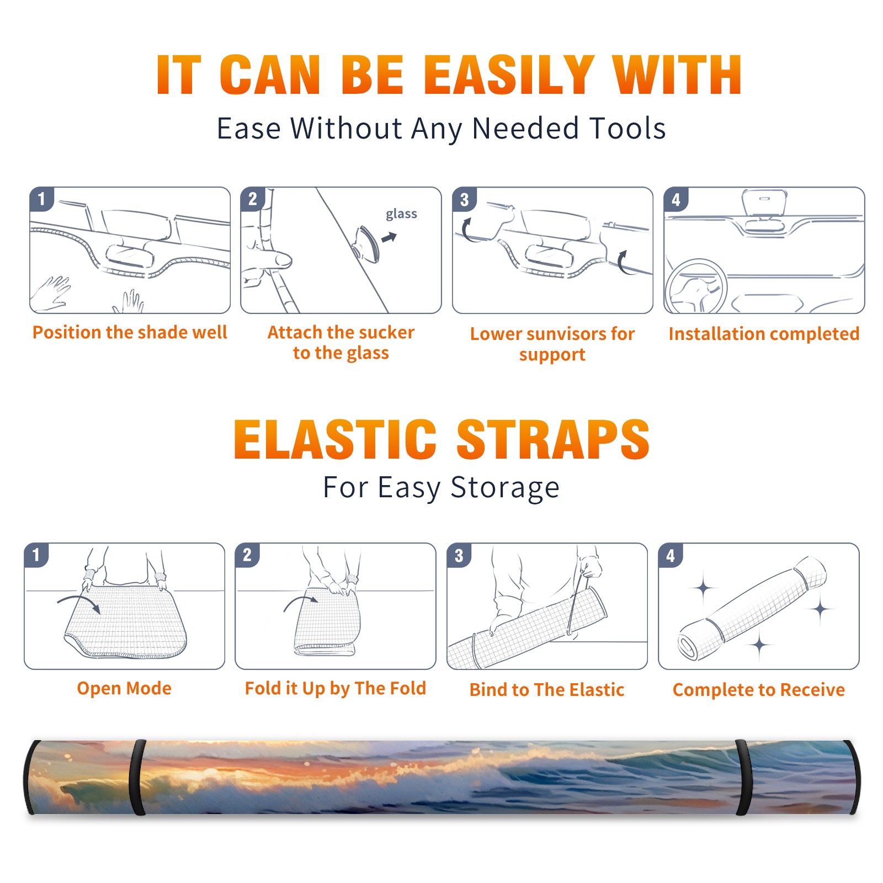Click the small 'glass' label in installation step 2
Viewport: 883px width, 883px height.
401,214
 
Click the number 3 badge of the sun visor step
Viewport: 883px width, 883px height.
465,199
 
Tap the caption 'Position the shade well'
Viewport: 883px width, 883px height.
130,332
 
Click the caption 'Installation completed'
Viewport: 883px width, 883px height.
764,334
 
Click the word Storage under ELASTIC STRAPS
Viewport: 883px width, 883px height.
505,488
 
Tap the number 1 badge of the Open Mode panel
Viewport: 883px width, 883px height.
36,555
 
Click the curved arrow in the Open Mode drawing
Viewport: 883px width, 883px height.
79,603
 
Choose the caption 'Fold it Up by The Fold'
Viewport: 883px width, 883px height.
336,688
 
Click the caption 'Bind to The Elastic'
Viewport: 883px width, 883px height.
547,690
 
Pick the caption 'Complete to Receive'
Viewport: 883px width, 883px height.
759,690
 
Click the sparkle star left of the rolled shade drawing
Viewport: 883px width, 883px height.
703,588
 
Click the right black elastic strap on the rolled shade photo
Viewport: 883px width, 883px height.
743,777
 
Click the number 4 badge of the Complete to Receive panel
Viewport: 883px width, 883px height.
671,555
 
